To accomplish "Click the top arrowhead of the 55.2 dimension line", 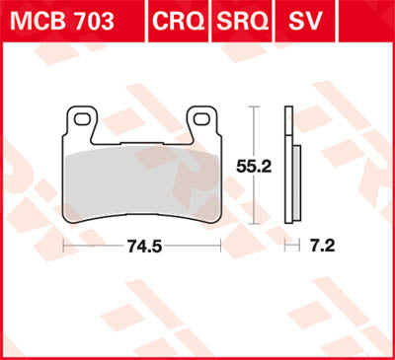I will (x=260, y=108).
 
